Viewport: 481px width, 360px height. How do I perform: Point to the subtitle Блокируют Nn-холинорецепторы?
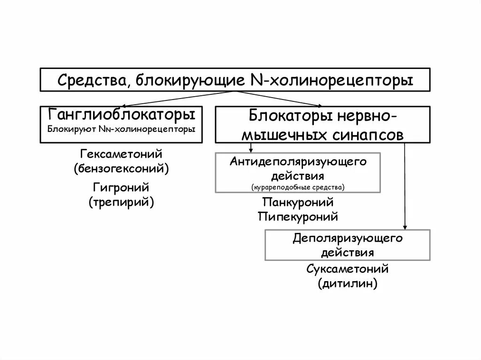tap(122, 128)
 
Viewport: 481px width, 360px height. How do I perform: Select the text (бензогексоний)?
tap(121, 168)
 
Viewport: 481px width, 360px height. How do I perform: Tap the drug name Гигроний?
tap(121, 188)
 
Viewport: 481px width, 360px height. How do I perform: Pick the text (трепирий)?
tap(121, 202)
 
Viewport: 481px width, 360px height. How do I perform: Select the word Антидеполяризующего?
tap(298, 162)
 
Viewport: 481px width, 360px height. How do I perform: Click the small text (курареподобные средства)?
tap(298, 187)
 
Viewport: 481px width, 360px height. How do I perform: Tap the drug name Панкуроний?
tap(298, 203)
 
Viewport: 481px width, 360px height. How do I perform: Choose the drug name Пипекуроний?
tap(298, 217)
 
